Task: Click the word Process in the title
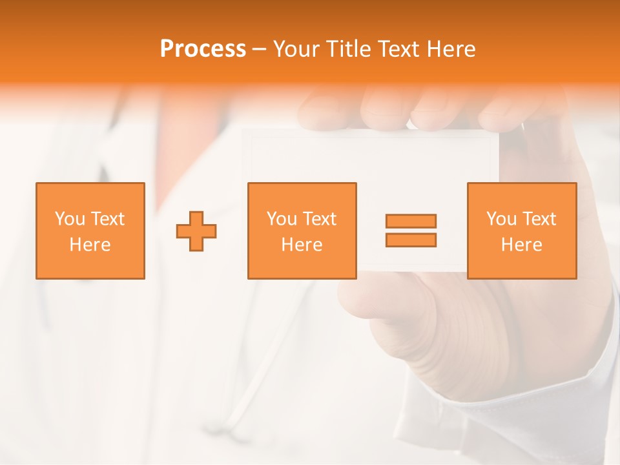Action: point(203,49)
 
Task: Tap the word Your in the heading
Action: point(299,49)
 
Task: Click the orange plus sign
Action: point(196,231)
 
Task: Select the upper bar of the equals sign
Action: point(411,221)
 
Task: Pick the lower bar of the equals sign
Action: point(411,240)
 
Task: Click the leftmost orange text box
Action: point(90,231)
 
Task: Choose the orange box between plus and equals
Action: point(302,231)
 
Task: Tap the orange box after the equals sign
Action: point(521,231)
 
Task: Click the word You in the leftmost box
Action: point(70,219)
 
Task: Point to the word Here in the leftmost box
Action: point(90,245)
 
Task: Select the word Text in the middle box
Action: point(320,219)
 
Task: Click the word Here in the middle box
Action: point(302,245)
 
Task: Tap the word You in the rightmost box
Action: point(501,219)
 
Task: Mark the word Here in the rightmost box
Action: point(521,245)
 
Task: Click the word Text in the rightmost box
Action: point(539,219)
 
